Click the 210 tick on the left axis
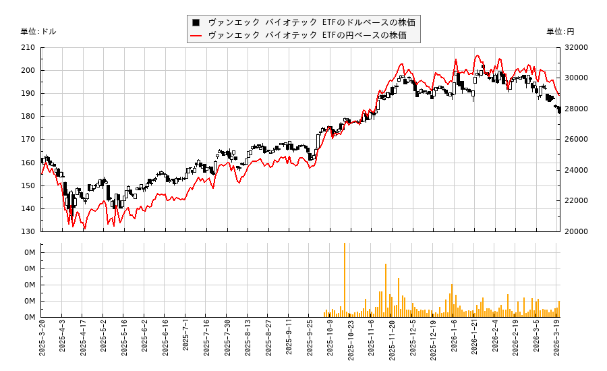[28, 47]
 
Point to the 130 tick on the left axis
[28, 231]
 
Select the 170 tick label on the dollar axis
[28, 140]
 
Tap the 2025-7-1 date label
[186, 340]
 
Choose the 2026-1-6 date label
[455, 340]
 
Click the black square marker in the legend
[196, 22]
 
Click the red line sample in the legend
[196, 35]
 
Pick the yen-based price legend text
[308, 35]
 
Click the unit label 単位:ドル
[38, 32]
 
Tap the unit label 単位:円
[560, 32]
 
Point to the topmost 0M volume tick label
[30, 252]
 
